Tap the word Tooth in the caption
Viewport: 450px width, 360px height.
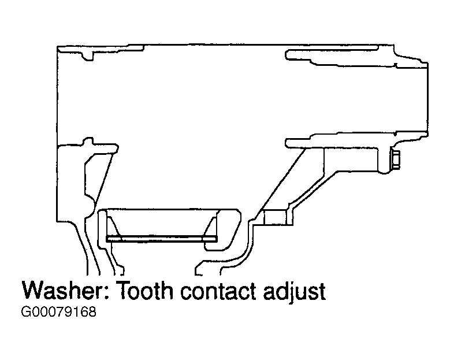(x=145, y=291)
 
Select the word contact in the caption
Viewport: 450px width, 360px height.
(x=218, y=291)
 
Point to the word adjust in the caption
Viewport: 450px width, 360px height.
(x=295, y=292)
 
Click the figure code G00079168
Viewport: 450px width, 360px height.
(x=58, y=312)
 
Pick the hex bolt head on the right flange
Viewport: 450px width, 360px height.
(x=396, y=159)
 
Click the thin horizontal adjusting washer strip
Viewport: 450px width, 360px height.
(x=162, y=239)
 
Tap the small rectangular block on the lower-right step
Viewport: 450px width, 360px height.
(x=275, y=217)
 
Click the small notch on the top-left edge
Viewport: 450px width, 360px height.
(x=88, y=56)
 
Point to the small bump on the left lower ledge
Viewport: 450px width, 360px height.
(x=88, y=141)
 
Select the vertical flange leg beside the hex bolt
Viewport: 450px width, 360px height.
(x=384, y=160)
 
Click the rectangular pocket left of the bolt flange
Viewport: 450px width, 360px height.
(x=351, y=159)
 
